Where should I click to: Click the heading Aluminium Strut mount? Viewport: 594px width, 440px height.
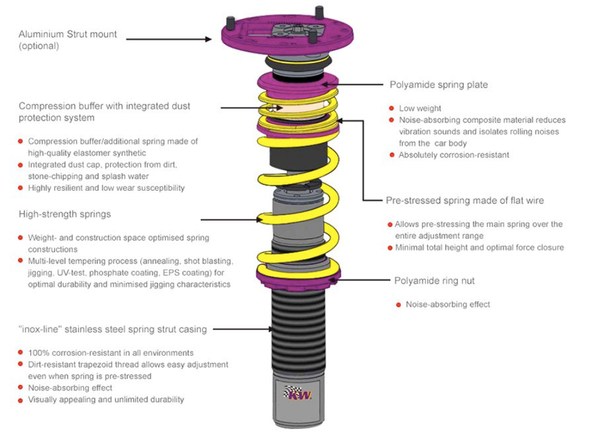click(x=68, y=35)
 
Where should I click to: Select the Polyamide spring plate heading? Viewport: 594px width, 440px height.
click(x=439, y=85)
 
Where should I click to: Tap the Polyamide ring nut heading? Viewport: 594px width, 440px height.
click(x=434, y=280)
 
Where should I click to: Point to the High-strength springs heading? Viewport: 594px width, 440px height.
click(x=65, y=214)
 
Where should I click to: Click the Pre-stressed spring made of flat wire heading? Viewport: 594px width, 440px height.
click(x=465, y=201)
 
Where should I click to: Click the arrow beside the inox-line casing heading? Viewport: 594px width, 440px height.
click(x=245, y=329)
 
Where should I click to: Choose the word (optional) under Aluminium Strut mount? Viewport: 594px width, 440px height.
click(x=39, y=46)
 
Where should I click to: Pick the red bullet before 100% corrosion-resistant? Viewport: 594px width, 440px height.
click(x=21, y=353)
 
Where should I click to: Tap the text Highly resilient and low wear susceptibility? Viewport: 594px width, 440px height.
click(x=106, y=188)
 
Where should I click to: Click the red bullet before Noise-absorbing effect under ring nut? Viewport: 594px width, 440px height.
click(x=399, y=304)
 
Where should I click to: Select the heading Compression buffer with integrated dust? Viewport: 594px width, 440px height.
click(x=105, y=106)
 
